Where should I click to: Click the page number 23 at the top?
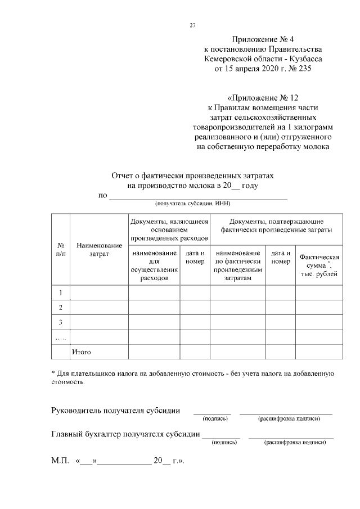193,25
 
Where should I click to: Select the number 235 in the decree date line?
301,69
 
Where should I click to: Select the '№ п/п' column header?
60,250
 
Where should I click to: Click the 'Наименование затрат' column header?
99,250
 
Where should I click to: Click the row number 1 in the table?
60,293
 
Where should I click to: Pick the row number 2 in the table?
60,308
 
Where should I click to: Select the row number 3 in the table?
60,322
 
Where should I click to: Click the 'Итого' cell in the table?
81,352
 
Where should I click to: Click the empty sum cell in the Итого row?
319,352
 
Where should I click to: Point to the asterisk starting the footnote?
53,373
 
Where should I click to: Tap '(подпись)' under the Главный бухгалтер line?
224,443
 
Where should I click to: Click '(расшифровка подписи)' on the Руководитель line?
289,419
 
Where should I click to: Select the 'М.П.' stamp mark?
60,461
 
